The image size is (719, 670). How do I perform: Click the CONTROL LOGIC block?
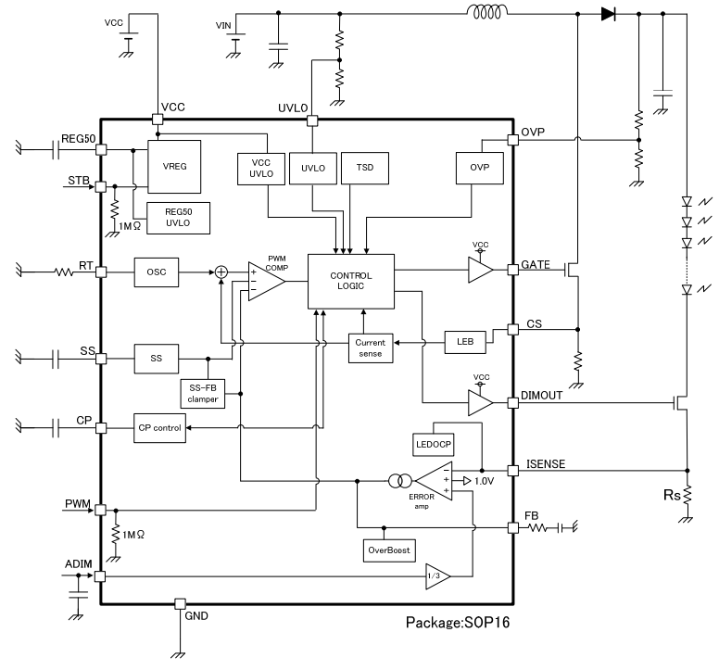pos(351,281)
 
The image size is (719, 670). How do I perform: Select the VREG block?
pos(174,167)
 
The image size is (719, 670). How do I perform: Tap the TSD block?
pos(365,169)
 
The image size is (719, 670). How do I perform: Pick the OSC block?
pos(157,272)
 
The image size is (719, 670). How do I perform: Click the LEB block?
pos(465,342)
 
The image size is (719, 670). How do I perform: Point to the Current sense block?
pos(371,348)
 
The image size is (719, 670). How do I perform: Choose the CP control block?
pos(159,428)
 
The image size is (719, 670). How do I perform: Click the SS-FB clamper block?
pos(203,394)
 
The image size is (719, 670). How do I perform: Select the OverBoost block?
pos(389,550)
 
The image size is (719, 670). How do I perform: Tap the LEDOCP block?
pos(434,445)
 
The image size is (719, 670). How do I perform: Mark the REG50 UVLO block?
pos(179,218)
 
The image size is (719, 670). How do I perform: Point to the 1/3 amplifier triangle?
pos(437,576)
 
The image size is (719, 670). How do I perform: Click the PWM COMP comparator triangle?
pos(266,282)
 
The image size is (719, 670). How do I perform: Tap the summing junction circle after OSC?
pos(221,272)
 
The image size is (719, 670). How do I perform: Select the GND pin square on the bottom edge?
pos(180,603)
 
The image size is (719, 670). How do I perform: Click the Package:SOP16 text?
pos(458,623)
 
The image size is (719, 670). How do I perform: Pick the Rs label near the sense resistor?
pos(672,495)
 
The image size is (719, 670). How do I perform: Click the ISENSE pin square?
pos(513,471)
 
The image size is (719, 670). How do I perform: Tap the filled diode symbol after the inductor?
pos(609,14)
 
